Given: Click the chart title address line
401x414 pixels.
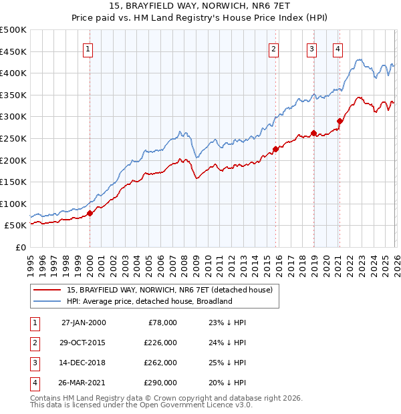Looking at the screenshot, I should pyautogui.click(x=200, y=7).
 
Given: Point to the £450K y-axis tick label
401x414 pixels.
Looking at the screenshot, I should pyautogui.click(x=13, y=51).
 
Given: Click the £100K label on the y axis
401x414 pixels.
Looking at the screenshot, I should pyautogui.click(x=13, y=204).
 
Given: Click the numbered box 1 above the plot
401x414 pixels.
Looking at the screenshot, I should pyautogui.click(x=89, y=48).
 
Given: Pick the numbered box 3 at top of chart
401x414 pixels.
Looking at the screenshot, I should pyautogui.click(x=312, y=48).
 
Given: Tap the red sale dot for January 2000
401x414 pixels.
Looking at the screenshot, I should pyautogui.click(x=90, y=214).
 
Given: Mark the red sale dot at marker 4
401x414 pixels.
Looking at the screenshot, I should pyautogui.click(x=340, y=122).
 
